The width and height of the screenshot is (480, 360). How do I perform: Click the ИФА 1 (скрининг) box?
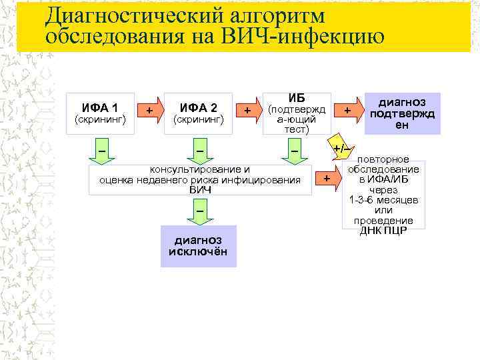point(101,113)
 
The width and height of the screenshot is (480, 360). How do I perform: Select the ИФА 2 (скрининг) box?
point(198,113)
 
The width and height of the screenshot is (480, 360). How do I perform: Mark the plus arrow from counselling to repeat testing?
point(327,179)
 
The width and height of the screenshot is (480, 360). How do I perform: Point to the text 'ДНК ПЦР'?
point(383,231)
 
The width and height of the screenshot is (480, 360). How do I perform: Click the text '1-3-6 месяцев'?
point(383,200)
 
